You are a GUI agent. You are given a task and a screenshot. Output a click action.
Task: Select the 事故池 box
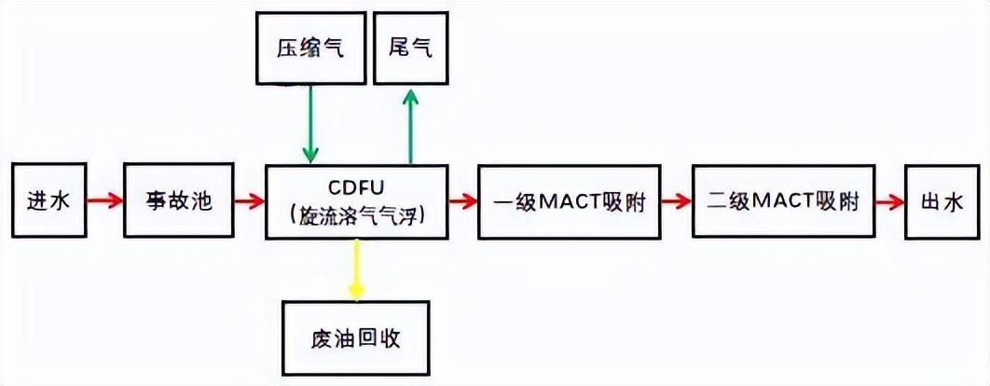click(179, 200)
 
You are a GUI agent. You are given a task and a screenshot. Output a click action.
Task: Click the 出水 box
click(944, 200)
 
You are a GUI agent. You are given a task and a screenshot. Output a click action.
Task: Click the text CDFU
click(357, 186)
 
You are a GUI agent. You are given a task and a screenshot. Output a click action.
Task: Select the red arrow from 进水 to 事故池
click(105, 200)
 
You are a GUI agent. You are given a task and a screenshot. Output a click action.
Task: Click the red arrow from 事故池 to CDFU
click(249, 200)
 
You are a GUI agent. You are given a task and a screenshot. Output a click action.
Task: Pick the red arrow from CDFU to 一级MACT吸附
click(462, 200)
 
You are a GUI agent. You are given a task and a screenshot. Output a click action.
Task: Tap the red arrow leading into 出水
click(890, 200)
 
